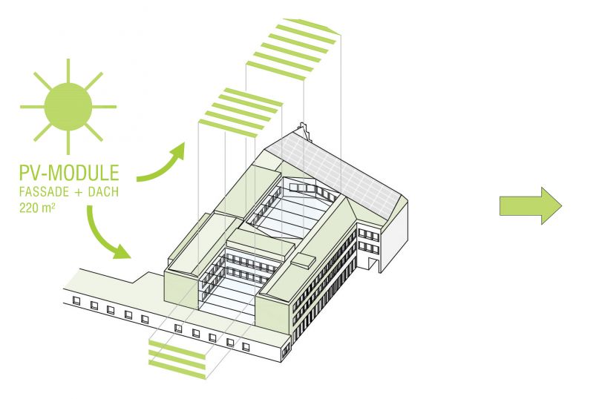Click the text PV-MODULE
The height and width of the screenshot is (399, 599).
(x=69, y=174)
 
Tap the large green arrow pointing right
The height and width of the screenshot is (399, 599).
(x=530, y=205)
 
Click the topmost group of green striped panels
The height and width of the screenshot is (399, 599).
(x=294, y=44)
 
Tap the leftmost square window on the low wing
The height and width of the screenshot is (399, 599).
(x=76, y=300)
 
